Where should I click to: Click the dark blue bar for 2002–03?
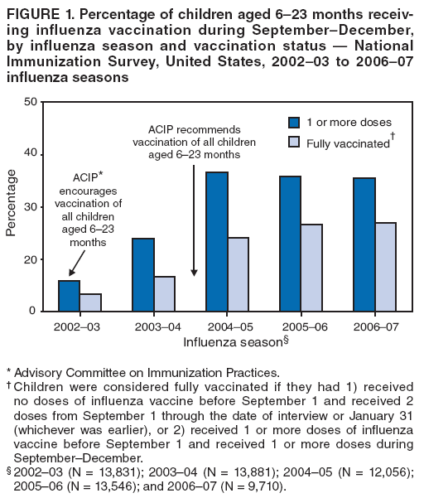point(70,296)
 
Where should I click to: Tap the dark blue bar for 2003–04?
point(142,274)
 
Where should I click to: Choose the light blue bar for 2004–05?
point(238,274)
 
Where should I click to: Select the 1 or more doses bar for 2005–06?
point(290,244)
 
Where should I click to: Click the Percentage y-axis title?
point(11,203)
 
